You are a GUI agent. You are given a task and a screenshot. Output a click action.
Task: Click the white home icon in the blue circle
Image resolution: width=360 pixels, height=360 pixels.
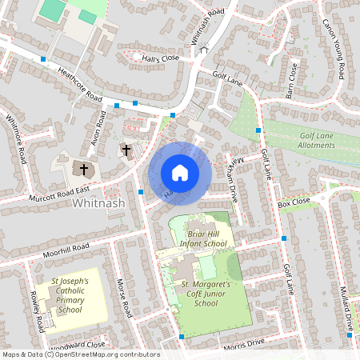click(x=180, y=172)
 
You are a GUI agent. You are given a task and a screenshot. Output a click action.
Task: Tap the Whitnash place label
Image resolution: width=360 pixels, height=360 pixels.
click(x=98, y=204)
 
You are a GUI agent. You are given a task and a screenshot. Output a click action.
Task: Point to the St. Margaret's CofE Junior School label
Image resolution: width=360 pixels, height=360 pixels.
click(x=206, y=294)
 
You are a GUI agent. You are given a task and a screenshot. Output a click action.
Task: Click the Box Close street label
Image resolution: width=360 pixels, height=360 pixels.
click(x=293, y=205)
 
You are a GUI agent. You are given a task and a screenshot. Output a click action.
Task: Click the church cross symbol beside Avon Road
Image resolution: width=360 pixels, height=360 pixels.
click(x=126, y=150)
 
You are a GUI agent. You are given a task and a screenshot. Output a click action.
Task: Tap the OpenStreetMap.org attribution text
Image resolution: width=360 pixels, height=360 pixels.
click(x=104, y=354)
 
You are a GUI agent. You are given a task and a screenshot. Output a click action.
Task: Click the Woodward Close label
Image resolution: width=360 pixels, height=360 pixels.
click(x=77, y=345)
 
